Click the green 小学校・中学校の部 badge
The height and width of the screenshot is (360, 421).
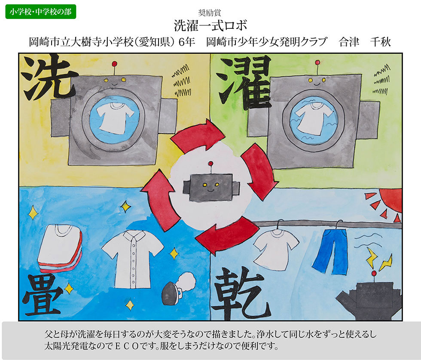(x=40, y=12)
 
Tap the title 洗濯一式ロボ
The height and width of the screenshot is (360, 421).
(x=210, y=26)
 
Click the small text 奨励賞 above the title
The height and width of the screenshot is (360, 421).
(x=210, y=12)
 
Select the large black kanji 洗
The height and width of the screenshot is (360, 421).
(x=48, y=78)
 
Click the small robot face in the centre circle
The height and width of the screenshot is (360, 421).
(x=211, y=185)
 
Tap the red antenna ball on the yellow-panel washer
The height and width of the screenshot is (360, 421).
(x=114, y=64)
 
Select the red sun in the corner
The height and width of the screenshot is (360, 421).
(x=390, y=200)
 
